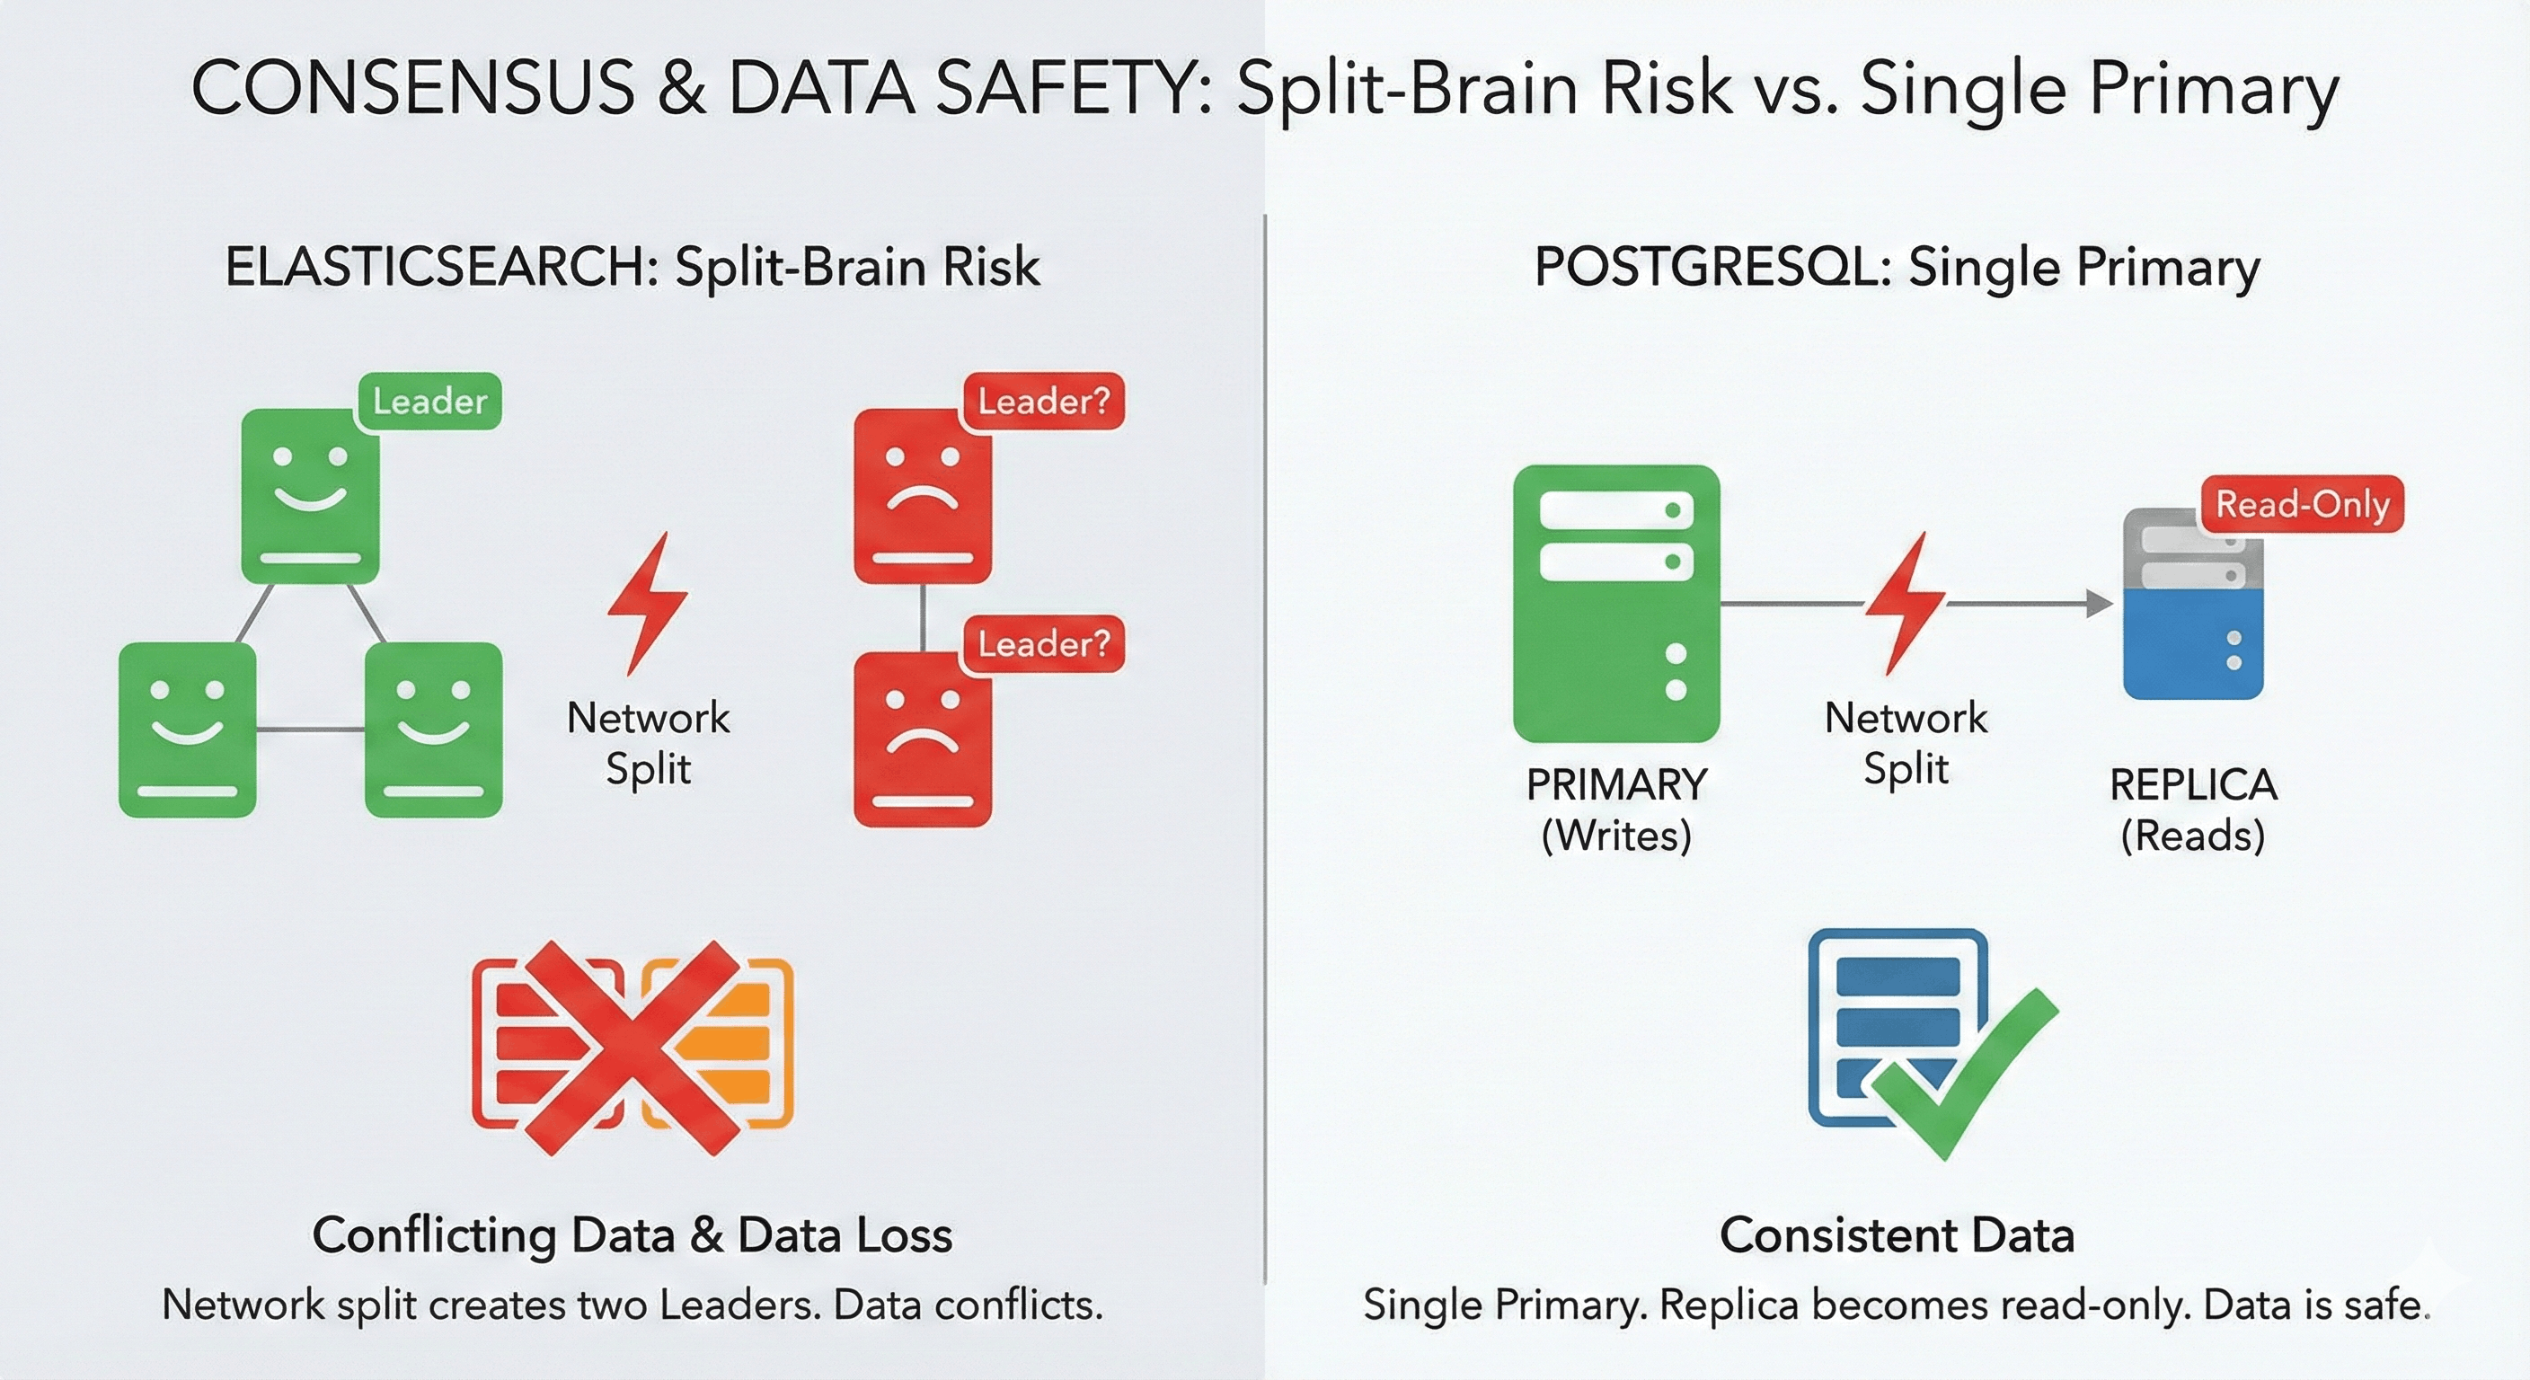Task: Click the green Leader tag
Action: pyautogui.click(x=430, y=401)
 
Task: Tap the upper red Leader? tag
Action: pyautogui.click(x=1043, y=401)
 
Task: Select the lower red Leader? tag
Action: pyautogui.click(x=1043, y=644)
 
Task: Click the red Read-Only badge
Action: pyautogui.click(x=2302, y=504)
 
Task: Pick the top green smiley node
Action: pyautogui.click(x=310, y=496)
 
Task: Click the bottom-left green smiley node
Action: pyautogui.click(x=188, y=730)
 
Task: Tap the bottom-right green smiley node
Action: pyautogui.click(x=433, y=730)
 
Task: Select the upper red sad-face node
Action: pyautogui.click(x=922, y=496)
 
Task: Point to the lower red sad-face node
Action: pyautogui.click(x=922, y=739)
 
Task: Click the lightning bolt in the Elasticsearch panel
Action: pyautogui.click(x=646, y=603)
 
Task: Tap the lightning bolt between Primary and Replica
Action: pyautogui.click(x=1905, y=603)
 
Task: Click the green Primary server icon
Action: pyautogui.click(x=1615, y=603)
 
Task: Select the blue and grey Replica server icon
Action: pyautogui.click(x=2193, y=603)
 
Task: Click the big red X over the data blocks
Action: pyautogui.click(x=633, y=1047)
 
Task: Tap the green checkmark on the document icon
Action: pyautogui.click(x=1963, y=1074)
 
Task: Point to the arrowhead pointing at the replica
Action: pyautogui.click(x=2099, y=603)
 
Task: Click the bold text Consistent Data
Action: pyautogui.click(x=1897, y=1234)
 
